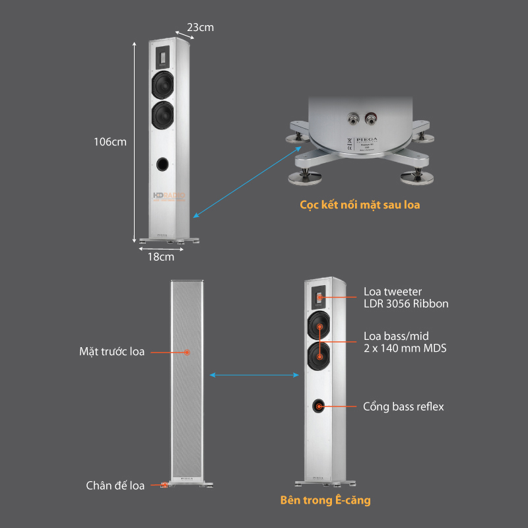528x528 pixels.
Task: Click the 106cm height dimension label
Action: [110, 141]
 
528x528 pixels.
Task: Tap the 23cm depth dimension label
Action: [200, 27]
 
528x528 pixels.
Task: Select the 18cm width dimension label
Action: [160, 257]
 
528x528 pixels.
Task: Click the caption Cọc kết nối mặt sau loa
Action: [360, 205]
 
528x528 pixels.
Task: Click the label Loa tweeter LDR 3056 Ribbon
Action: [406, 298]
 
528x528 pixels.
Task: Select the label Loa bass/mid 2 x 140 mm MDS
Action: [405, 341]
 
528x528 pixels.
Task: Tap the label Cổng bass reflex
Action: [403, 407]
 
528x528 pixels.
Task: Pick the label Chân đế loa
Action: [115, 486]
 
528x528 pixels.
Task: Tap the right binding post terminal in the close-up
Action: [372, 119]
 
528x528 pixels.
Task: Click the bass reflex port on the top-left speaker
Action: [163, 164]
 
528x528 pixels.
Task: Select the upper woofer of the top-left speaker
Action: [163, 84]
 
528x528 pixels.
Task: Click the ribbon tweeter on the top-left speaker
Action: [162, 57]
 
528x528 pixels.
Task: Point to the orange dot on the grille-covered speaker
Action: [187, 352]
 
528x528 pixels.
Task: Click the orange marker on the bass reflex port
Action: [319, 407]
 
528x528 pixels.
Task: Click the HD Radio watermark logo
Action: [170, 196]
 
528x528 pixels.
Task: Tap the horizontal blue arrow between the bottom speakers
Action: [254, 375]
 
